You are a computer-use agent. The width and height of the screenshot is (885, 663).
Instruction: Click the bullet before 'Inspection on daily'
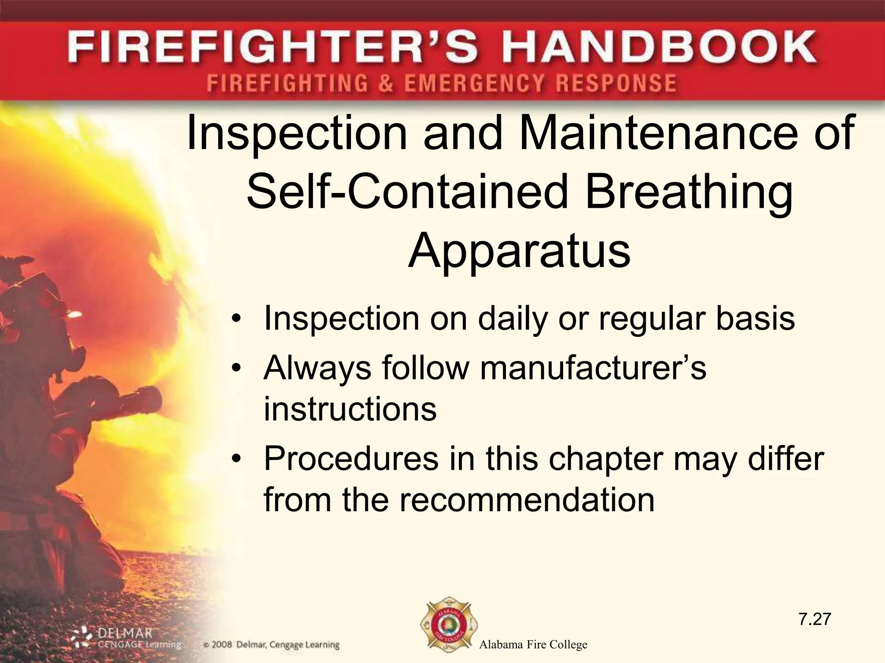[x=236, y=319]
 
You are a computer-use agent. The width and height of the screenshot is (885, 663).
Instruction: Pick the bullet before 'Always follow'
[x=236, y=368]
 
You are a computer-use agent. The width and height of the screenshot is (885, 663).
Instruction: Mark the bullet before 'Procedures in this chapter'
[x=236, y=459]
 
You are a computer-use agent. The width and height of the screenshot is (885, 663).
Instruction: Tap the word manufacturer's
[x=593, y=368]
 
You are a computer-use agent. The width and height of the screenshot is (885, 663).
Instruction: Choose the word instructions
[x=350, y=409]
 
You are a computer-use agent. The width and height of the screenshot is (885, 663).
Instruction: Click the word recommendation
[x=526, y=500]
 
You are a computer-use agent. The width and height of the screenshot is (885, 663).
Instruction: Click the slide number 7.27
[x=815, y=619]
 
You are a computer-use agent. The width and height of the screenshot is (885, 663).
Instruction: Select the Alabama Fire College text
[x=533, y=645]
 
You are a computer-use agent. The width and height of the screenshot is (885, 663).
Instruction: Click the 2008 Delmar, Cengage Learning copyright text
[x=271, y=645]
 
